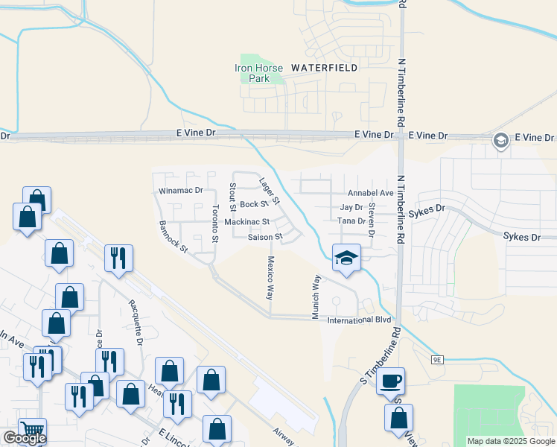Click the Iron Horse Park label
[x=259, y=73]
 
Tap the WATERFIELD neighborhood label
[x=324, y=68]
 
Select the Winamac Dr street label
[x=181, y=191]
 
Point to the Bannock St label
[x=174, y=236]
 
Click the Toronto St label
[x=215, y=223]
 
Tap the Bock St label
[x=253, y=204]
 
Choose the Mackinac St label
[x=247, y=222]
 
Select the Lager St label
[x=268, y=191]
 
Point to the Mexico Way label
[x=270, y=279]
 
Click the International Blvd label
[x=360, y=320]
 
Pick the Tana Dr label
[x=351, y=221]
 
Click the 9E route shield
[x=436, y=360]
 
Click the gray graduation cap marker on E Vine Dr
[x=501, y=140]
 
